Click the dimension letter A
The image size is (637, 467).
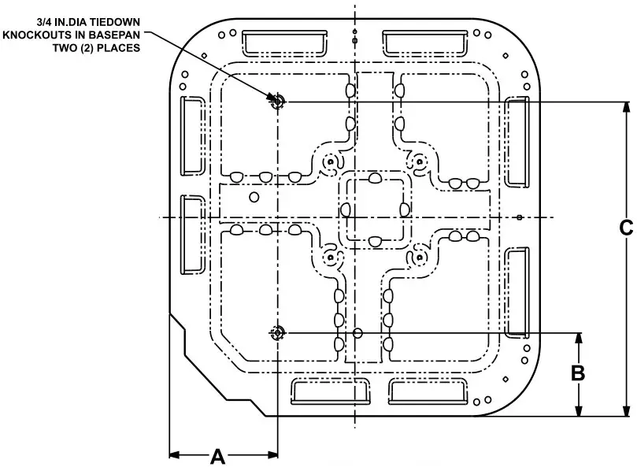[x=218, y=456]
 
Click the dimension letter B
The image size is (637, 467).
[x=578, y=373]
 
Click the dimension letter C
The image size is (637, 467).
[x=625, y=228]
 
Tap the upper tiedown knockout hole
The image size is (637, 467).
[x=277, y=101]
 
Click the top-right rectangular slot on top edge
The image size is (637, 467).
[x=425, y=43]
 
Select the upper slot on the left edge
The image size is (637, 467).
[x=192, y=135]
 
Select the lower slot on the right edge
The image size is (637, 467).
[x=517, y=292]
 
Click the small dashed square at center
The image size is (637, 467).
[x=375, y=209]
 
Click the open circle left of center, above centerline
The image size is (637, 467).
[x=254, y=196]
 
